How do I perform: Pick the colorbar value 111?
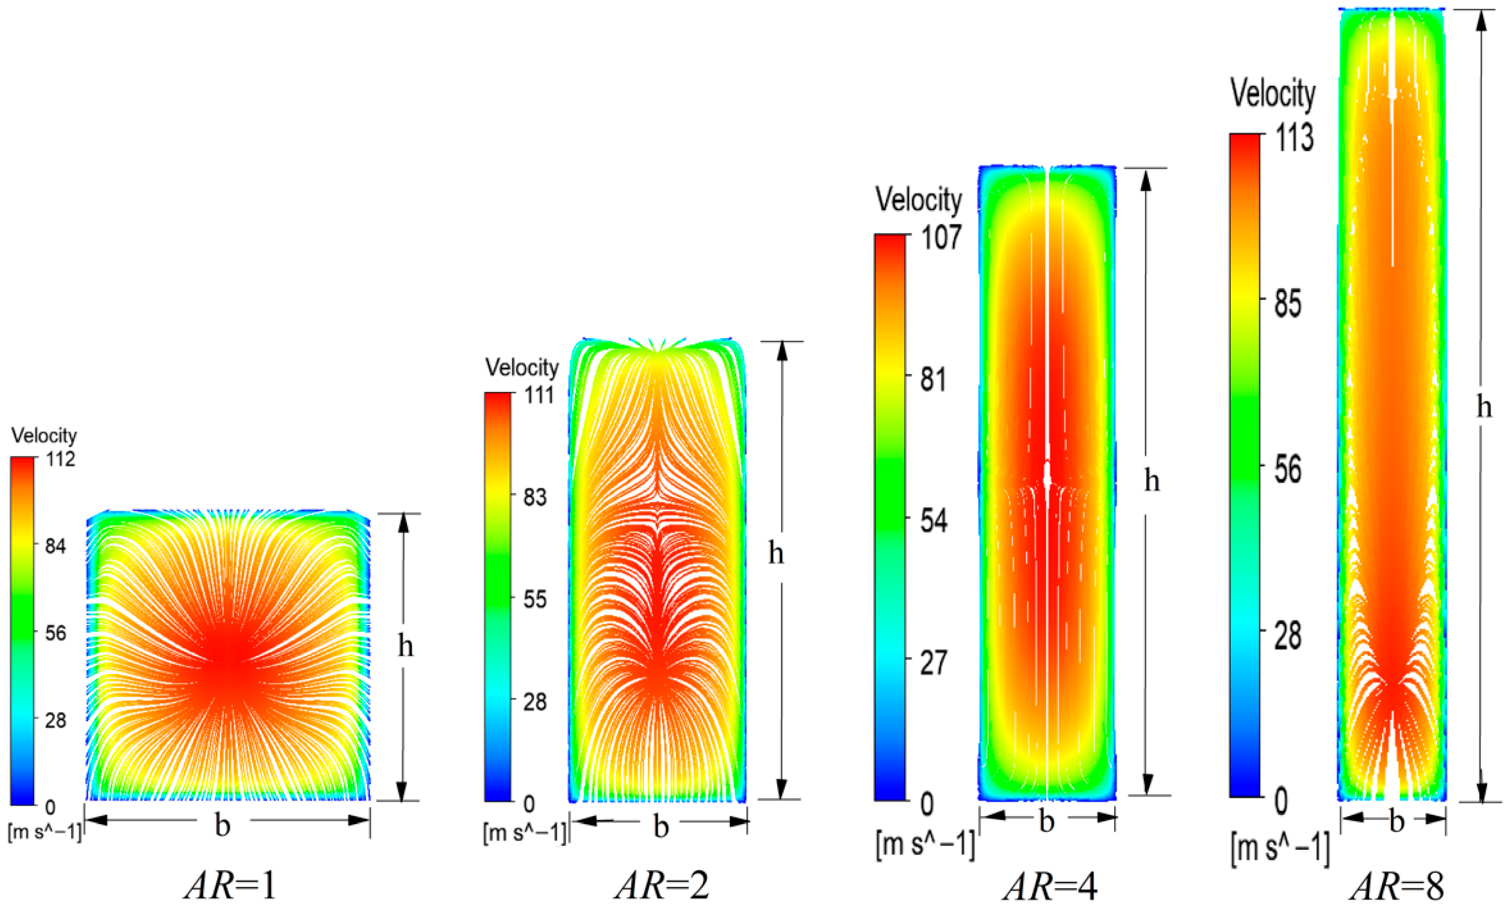point(539,395)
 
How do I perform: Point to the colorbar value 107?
point(941,237)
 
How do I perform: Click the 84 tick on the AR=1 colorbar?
point(55,546)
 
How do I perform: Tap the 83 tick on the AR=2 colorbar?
point(535,497)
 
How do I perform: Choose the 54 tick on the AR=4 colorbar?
point(933,521)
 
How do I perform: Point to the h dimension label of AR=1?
point(405,646)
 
